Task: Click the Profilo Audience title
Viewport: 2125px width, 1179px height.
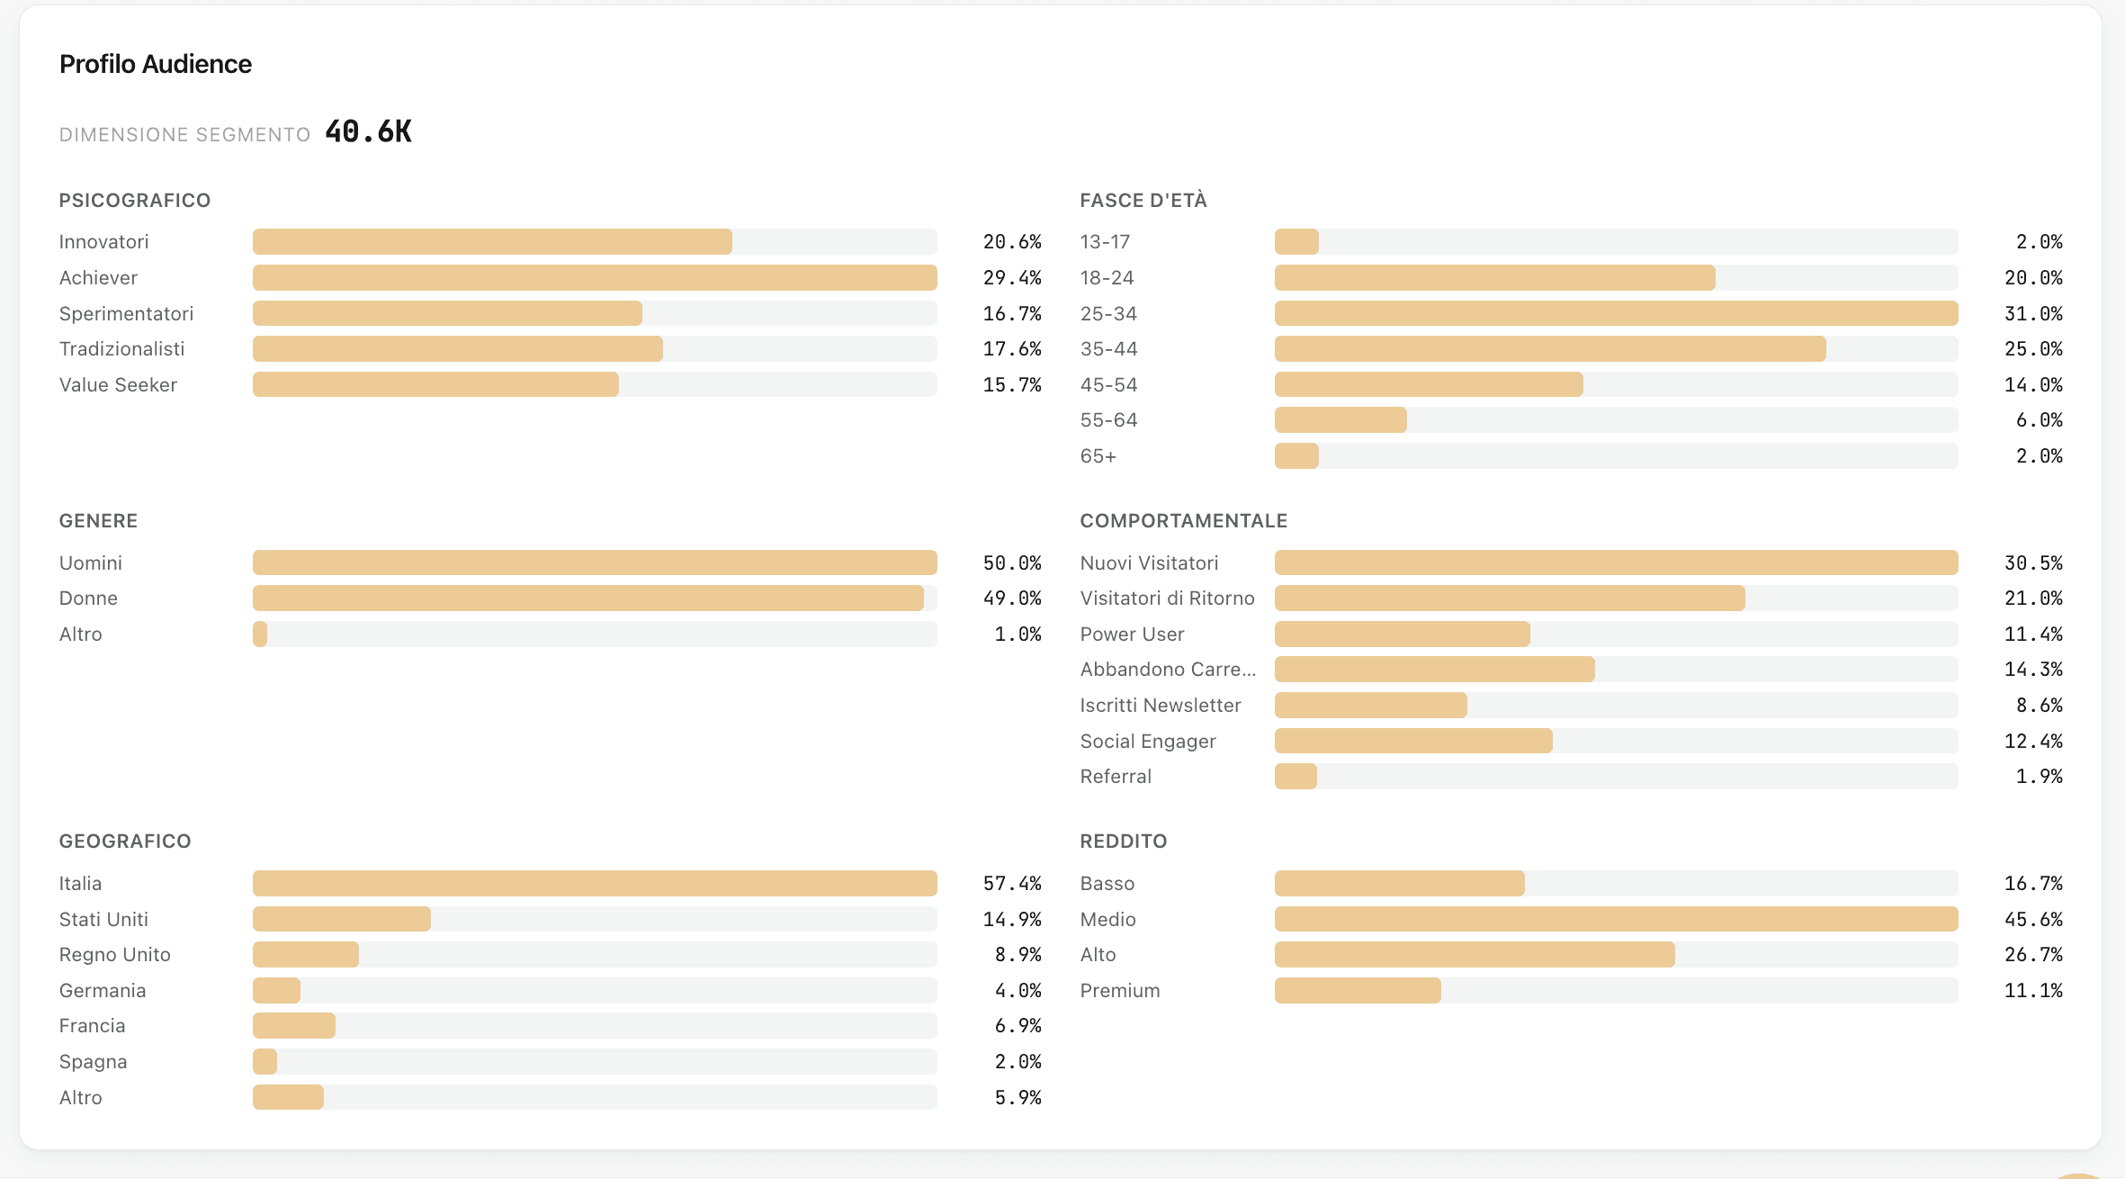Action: tap(155, 64)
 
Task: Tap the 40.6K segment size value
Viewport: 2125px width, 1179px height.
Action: tap(368, 132)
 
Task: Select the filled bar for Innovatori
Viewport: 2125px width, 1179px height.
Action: tap(492, 241)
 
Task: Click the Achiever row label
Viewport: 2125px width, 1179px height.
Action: tap(98, 277)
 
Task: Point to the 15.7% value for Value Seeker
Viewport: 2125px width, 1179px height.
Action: tap(1011, 384)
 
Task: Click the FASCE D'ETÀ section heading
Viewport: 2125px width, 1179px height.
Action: tap(1143, 200)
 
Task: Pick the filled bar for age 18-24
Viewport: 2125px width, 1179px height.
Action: tap(1494, 277)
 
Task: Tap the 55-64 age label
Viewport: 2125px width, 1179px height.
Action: tap(1108, 420)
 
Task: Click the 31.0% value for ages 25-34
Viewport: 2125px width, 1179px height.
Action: tap(2032, 313)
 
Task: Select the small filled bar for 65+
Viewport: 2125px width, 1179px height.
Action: tap(1296, 456)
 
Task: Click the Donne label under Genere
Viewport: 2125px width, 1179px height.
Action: tap(88, 598)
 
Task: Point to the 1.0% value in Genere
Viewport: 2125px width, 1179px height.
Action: tap(1018, 634)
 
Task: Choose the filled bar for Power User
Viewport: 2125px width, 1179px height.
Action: tap(1402, 634)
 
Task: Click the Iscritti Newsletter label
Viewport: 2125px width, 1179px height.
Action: tap(1160, 705)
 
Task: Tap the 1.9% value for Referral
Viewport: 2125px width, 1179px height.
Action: tap(2039, 776)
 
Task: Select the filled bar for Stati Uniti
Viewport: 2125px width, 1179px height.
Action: tap(341, 919)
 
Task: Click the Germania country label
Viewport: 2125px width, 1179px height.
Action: tap(103, 990)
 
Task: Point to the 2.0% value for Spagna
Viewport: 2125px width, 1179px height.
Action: tap(1018, 1061)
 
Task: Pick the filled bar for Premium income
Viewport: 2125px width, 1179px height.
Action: tap(1357, 990)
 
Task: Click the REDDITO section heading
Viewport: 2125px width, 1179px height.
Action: tap(1123, 841)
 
